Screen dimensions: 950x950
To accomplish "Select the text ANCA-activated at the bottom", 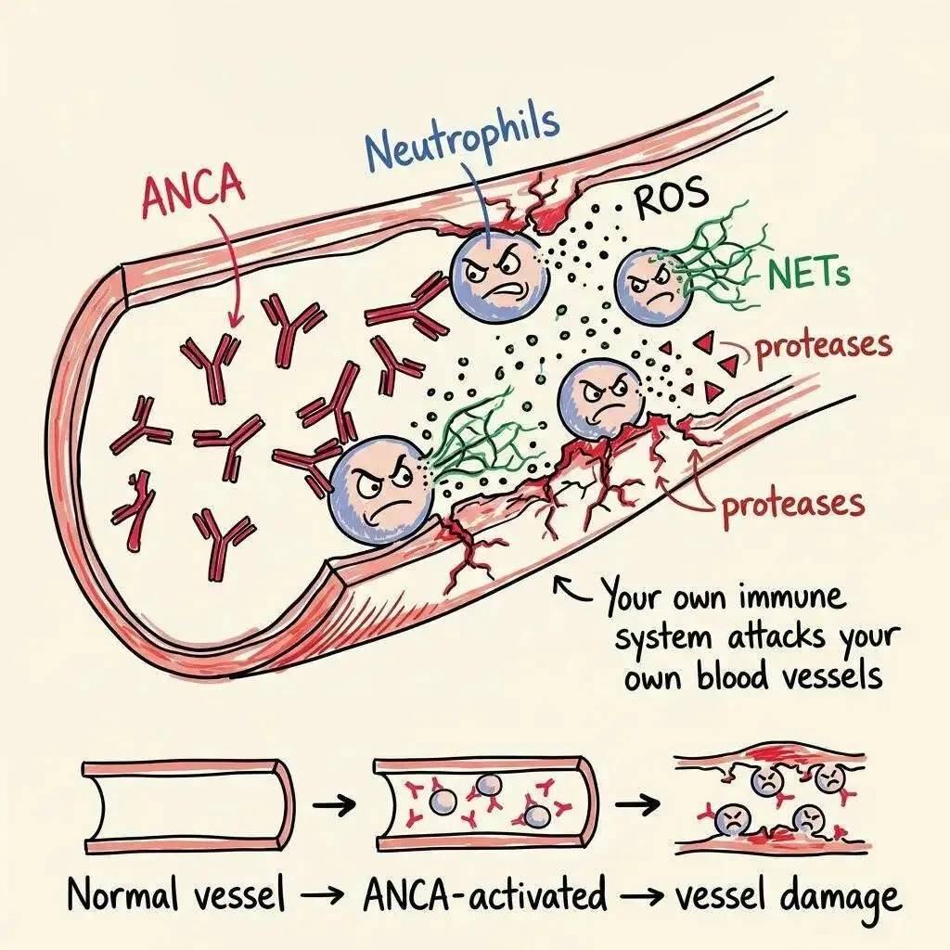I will point(483,896).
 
